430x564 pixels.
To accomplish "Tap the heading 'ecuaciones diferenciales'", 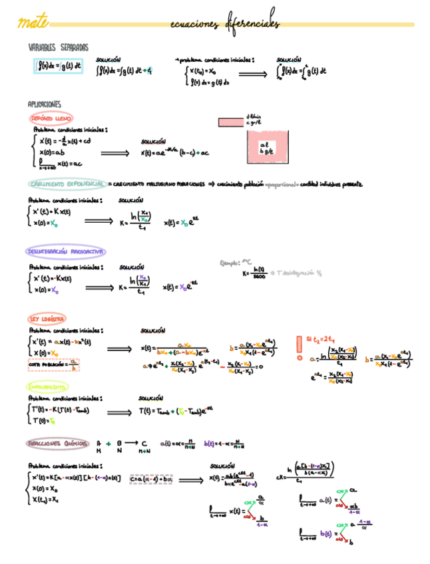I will pos(224,25).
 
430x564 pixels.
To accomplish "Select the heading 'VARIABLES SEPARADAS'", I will pos(58,48).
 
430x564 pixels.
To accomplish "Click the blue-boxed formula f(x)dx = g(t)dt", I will pos(59,66).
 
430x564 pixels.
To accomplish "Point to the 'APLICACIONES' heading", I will pos(44,104).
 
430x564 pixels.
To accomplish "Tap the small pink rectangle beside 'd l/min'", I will pos(230,122).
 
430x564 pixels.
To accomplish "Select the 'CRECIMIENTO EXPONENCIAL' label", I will pos(67,184).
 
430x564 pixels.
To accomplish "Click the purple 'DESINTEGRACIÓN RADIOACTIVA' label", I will pos(65,252).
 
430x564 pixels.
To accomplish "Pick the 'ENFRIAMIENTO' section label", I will pos(47,386).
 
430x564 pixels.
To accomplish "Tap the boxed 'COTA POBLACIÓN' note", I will pos(53,364).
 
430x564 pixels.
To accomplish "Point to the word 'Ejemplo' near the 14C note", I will pos(230,263).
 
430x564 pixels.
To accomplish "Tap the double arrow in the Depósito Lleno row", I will pos(114,153).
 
